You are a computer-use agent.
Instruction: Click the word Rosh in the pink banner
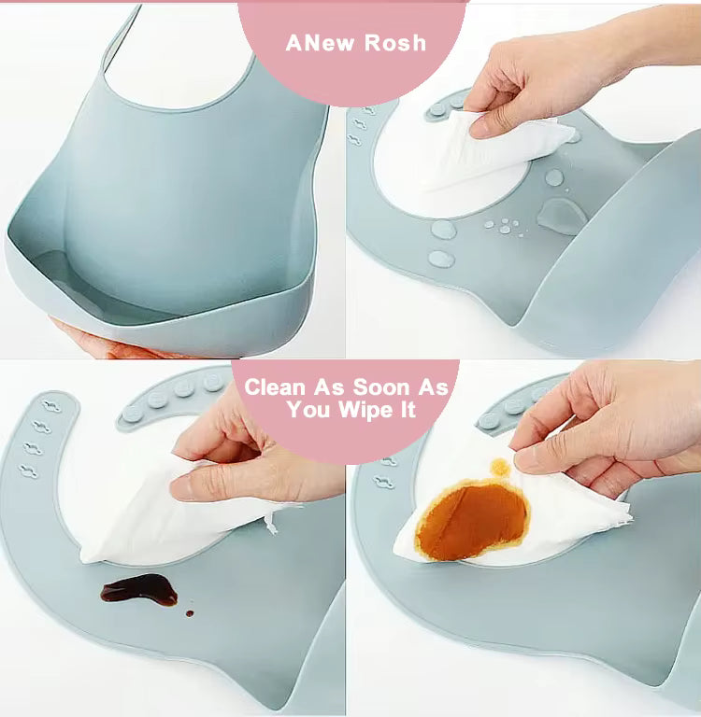point(395,43)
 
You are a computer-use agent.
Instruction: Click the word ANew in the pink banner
point(320,43)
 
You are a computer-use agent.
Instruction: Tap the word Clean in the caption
point(275,387)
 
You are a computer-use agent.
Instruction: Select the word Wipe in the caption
point(365,409)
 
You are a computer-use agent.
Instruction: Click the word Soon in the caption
point(381,387)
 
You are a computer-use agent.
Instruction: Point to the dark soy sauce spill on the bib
point(139,589)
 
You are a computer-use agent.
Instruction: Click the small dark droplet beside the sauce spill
point(190,613)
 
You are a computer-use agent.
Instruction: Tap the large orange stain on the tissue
point(472,520)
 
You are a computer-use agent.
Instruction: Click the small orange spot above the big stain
point(500,468)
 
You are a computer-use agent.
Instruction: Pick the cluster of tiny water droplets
point(504,227)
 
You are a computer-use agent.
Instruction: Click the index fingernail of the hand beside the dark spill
point(181,488)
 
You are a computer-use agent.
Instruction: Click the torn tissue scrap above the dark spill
point(271,524)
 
